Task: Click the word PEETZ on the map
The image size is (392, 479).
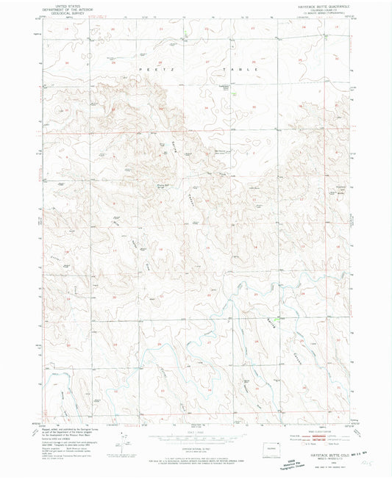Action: pos(143,67)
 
